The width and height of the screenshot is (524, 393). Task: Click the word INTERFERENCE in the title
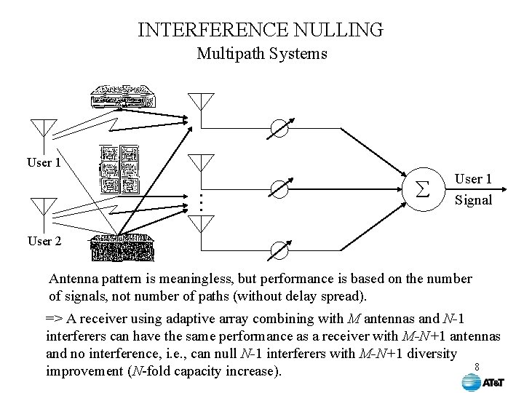click(x=205, y=30)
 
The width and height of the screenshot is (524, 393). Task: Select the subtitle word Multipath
click(x=231, y=54)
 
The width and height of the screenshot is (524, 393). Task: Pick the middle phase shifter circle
click(x=279, y=188)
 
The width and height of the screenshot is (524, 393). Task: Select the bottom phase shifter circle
click(x=279, y=250)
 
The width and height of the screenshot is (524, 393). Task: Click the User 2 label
click(x=44, y=241)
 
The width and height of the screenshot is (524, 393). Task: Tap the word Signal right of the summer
click(x=473, y=200)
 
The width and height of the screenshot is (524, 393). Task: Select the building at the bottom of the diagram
click(x=122, y=250)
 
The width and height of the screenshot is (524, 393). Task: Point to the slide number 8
click(x=477, y=366)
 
